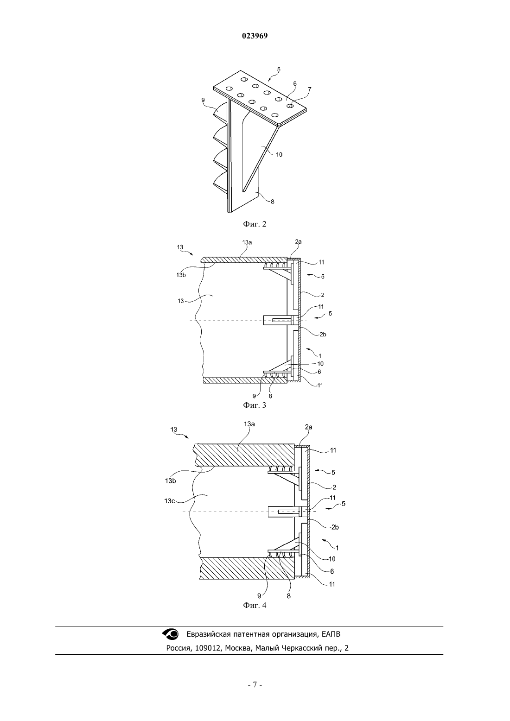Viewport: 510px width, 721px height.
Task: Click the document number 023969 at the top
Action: pos(255,36)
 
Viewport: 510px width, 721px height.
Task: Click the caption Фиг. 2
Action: pos(255,224)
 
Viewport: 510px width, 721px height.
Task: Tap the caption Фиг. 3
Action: pos(255,405)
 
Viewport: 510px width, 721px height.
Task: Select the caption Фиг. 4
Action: pos(255,605)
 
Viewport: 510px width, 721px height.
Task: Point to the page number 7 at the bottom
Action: pos(255,684)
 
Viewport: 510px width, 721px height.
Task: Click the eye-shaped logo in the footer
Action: pos(170,634)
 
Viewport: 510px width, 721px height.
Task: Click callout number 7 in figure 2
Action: pos(309,89)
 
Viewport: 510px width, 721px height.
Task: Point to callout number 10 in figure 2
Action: pos(279,154)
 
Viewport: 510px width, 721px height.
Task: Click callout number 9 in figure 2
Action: pos(203,100)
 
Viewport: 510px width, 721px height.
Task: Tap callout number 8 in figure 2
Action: pos(273,202)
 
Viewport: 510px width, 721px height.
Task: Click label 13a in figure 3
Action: pos(247,242)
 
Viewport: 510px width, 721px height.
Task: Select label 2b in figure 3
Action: pos(323,335)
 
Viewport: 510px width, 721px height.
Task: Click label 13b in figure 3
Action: pos(181,275)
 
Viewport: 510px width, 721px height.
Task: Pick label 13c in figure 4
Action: pos(170,501)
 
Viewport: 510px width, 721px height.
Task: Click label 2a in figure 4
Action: pos(308,427)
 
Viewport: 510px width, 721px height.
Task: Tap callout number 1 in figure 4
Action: pos(337,547)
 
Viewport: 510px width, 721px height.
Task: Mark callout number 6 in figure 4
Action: pos(332,572)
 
